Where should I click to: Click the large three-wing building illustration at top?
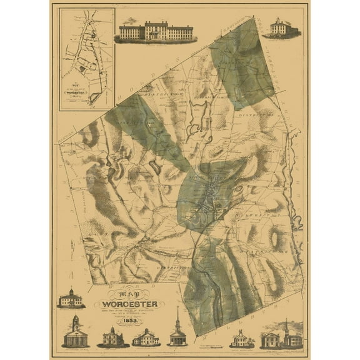[x=155, y=32]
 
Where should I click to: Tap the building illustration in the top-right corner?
[x=280, y=28]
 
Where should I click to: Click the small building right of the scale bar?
[x=241, y=339]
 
